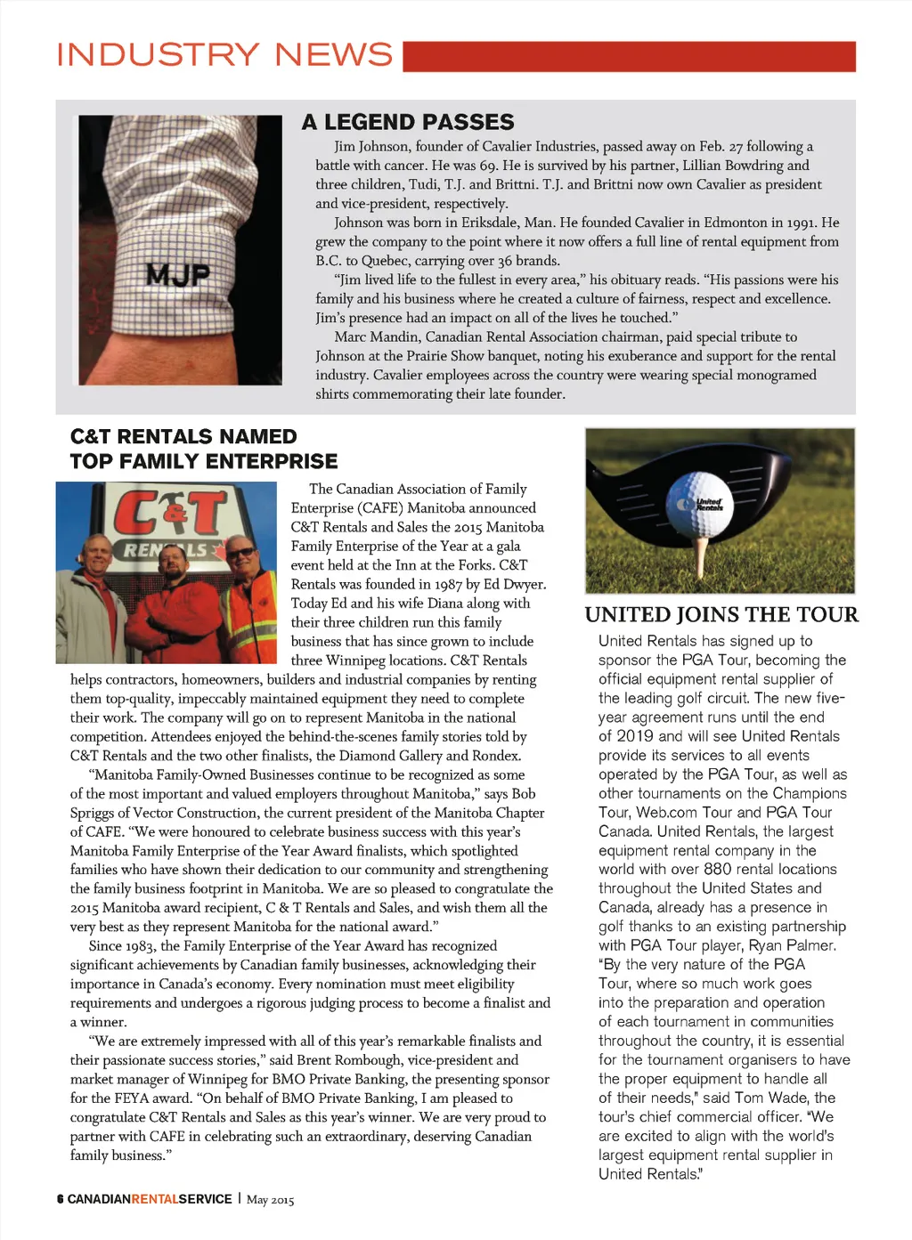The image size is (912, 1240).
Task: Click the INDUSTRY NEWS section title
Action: coord(224,55)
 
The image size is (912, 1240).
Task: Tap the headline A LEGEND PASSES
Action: coord(408,122)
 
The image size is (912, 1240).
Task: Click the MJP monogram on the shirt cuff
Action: coord(177,275)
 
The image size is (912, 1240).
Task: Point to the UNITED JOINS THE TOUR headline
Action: coord(721,615)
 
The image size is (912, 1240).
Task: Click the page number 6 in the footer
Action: coord(60,1199)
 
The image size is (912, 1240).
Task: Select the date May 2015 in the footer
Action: coord(270,1200)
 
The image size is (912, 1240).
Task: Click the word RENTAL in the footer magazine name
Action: coord(155,1199)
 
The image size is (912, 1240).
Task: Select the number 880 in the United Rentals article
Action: coord(717,869)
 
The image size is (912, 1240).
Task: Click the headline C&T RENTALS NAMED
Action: coord(183,437)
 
